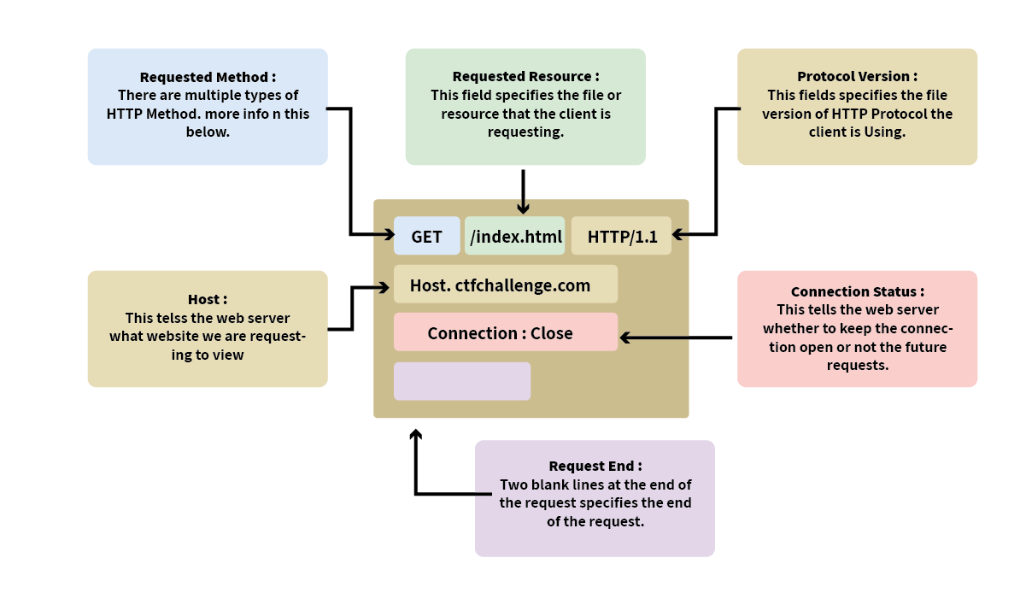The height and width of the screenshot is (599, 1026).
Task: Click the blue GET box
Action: pyautogui.click(x=426, y=237)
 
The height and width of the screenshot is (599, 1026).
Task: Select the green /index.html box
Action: pyautogui.click(x=514, y=237)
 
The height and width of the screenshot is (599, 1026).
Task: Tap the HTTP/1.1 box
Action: pyautogui.click(x=622, y=237)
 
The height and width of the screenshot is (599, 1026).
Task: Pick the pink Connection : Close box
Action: pyautogui.click(x=505, y=332)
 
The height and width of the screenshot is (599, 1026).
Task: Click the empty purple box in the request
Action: pyautogui.click(x=461, y=381)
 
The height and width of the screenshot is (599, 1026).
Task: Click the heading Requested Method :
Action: pyautogui.click(x=208, y=77)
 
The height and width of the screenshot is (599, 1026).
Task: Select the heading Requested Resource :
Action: pyautogui.click(x=525, y=77)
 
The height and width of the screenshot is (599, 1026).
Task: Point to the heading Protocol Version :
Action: pyautogui.click(x=857, y=77)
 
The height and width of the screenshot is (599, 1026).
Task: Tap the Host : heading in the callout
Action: pyautogui.click(x=208, y=299)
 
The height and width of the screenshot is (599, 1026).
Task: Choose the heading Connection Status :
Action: pyautogui.click(x=857, y=291)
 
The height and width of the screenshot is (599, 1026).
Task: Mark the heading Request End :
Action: pyautogui.click(x=595, y=466)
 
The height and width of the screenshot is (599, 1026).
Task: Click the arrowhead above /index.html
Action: pyautogui.click(x=523, y=208)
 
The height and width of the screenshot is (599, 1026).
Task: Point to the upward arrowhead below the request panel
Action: pyautogui.click(x=415, y=434)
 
